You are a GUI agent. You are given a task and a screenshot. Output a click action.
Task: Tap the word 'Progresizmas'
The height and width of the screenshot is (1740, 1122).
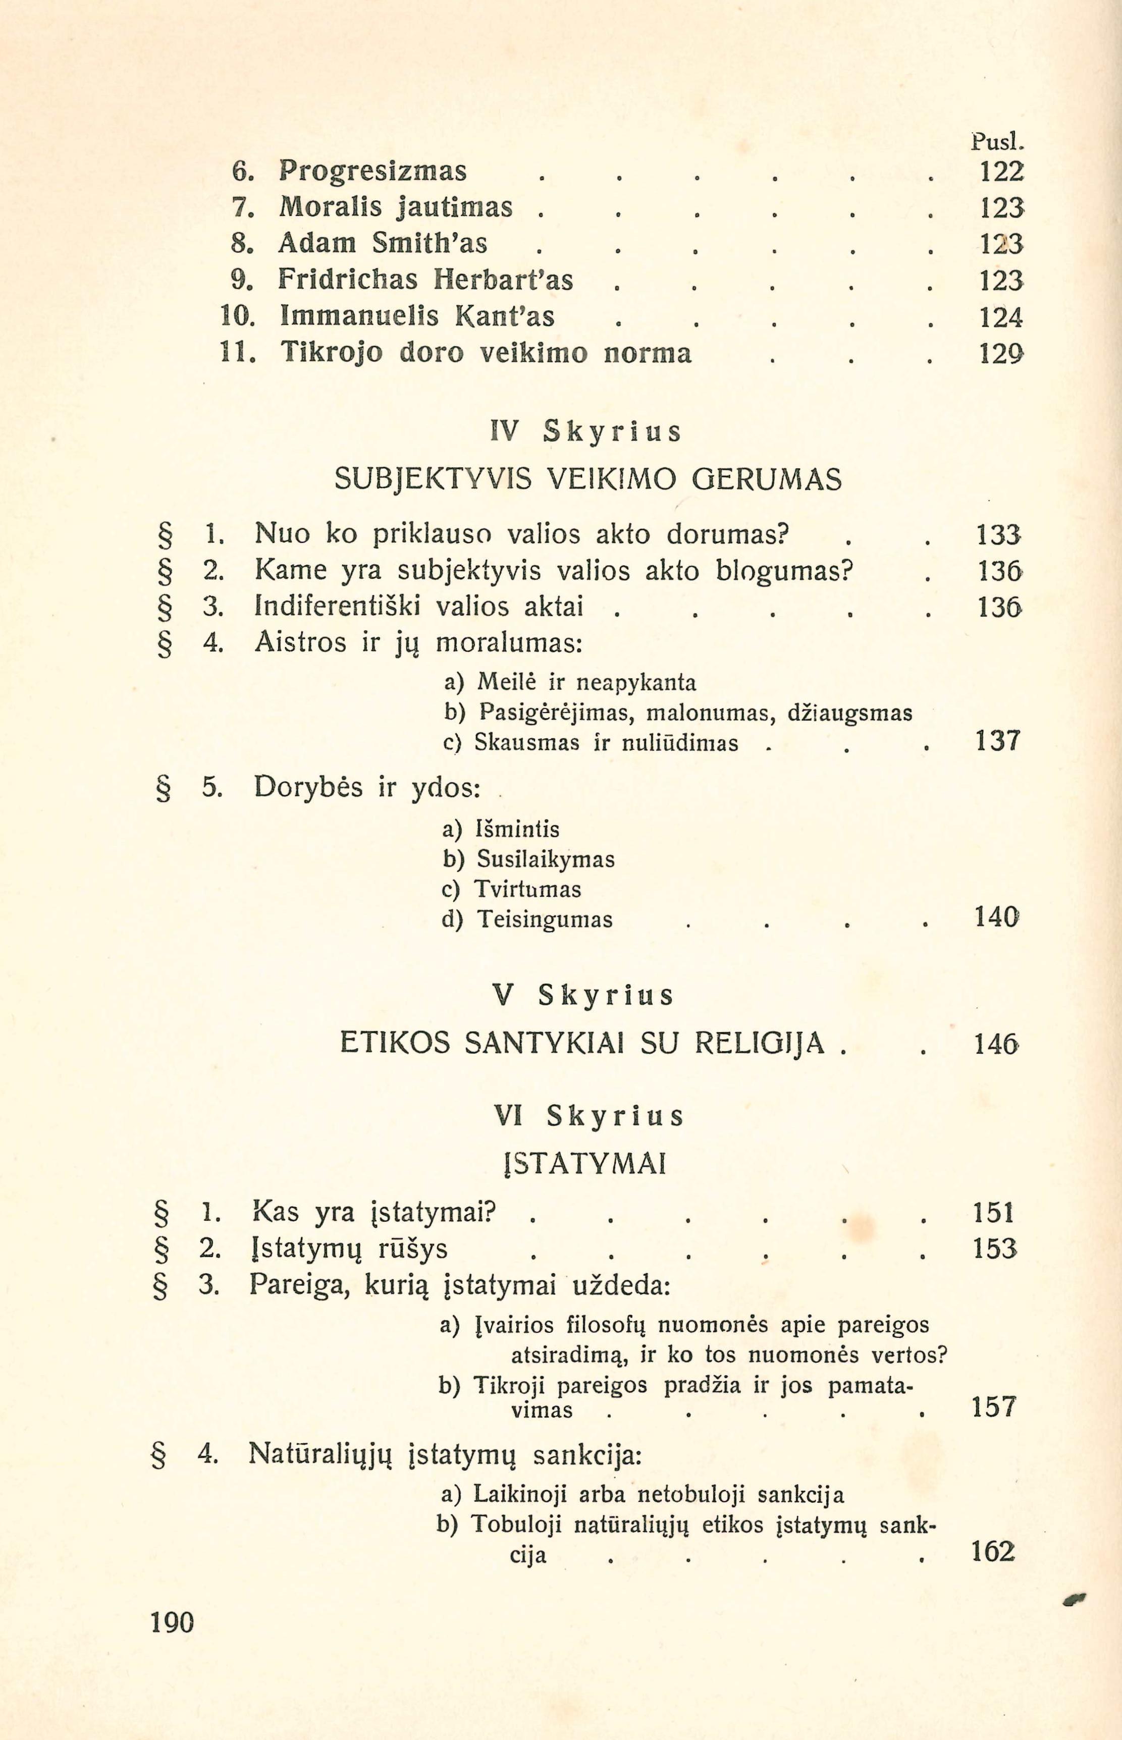372,171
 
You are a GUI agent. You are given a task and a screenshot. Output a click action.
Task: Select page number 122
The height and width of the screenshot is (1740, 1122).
1000,172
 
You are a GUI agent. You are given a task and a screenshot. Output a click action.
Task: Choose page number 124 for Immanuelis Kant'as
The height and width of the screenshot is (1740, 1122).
1000,317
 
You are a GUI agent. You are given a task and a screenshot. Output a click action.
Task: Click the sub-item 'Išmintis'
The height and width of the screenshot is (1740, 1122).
517,830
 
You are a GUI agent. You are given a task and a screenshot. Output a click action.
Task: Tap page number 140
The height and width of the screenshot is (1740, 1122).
996,917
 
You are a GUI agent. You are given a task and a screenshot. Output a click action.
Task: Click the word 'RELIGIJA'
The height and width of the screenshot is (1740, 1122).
760,1045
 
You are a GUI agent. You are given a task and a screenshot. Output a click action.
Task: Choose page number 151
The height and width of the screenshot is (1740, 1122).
994,1213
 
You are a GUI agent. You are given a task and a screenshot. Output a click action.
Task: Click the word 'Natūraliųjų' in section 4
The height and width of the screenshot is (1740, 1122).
320,1454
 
